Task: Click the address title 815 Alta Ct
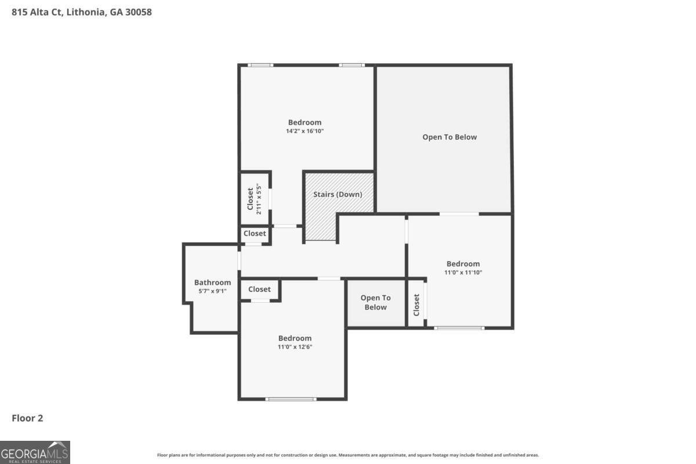[82, 12]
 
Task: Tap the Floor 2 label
[28, 418]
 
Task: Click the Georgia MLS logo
[35, 452]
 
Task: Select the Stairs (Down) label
[338, 194]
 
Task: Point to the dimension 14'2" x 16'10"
[304, 131]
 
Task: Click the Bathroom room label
[212, 282]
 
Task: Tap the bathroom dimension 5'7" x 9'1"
[212, 291]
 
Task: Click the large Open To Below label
[449, 137]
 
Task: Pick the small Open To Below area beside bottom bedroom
[376, 303]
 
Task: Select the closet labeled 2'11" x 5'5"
[255, 199]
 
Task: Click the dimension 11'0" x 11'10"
[463, 273]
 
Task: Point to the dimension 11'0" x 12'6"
[295, 347]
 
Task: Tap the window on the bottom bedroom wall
[291, 399]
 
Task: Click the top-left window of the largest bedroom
[260, 65]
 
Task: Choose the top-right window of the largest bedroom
[352, 65]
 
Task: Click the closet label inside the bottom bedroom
[259, 289]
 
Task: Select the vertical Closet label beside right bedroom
[416, 304]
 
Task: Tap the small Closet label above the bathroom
[255, 234]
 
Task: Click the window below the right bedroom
[459, 328]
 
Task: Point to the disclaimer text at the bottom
[348, 455]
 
